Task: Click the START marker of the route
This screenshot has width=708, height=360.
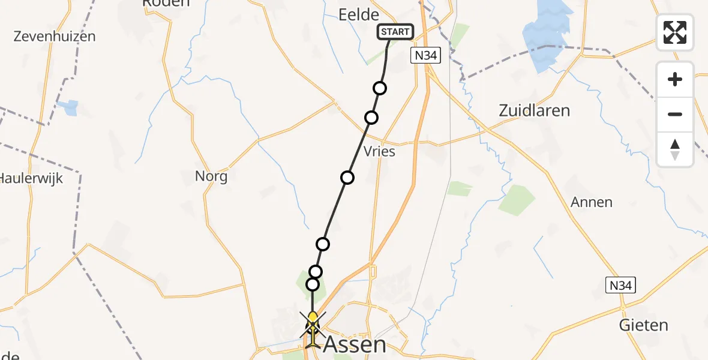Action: (395, 31)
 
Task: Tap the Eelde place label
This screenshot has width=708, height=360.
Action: (359, 15)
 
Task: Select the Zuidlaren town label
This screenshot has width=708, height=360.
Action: (534, 110)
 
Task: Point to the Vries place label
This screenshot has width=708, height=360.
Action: (379, 151)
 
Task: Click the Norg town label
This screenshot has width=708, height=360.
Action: (211, 176)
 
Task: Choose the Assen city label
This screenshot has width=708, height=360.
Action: (355, 344)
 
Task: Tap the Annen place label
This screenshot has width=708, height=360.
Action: (592, 202)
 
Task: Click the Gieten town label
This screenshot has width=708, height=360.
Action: (643, 325)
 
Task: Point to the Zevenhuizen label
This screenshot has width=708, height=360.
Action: (55, 36)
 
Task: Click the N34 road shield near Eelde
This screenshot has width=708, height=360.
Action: (426, 56)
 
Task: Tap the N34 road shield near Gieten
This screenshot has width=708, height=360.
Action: (619, 285)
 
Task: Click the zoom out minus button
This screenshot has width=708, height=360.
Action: (675, 114)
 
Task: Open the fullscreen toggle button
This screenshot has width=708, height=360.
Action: (675, 32)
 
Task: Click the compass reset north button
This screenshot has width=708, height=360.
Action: (675, 149)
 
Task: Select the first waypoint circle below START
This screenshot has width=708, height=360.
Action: (380, 88)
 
